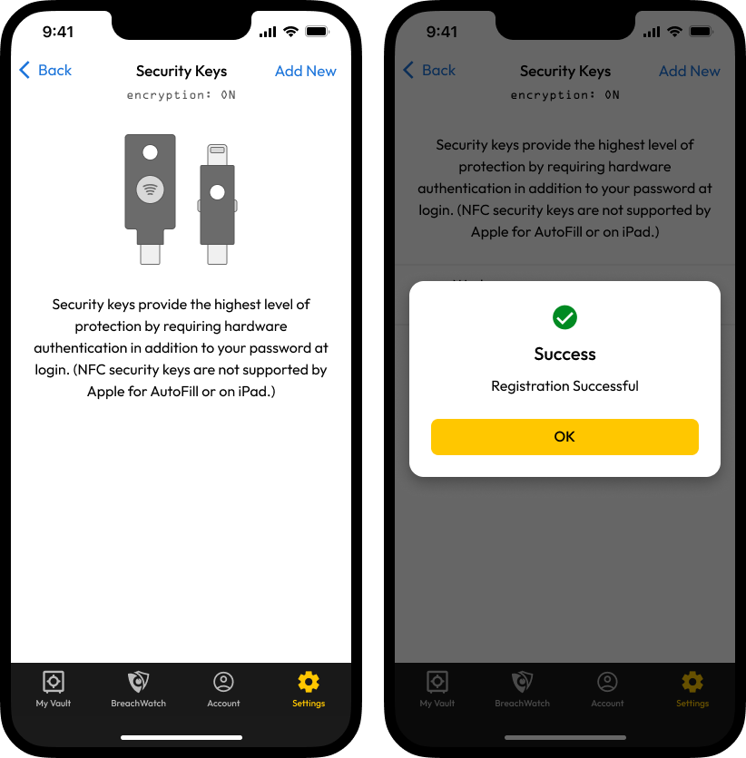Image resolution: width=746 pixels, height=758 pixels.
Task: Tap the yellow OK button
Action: pyautogui.click(x=564, y=436)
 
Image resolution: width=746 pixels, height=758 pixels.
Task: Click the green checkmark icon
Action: pyautogui.click(x=564, y=317)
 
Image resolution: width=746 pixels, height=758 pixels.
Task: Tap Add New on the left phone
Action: pyautogui.click(x=306, y=71)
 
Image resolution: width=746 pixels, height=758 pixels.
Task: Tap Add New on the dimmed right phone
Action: pyautogui.click(x=690, y=71)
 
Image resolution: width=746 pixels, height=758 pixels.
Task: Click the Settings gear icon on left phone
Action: pyautogui.click(x=309, y=682)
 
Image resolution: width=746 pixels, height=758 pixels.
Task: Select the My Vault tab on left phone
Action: pyautogui.click(x=54, y=689)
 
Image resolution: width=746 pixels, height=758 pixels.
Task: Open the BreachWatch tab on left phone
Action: pyautogui.click(x=138, y=689)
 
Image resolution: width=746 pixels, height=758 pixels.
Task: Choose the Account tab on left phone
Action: pyautogui.click(x=223, y=689)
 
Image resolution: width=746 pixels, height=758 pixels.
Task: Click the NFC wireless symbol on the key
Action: pyautogui.click(x=150, y=189)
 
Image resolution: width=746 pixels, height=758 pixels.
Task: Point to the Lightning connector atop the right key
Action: pyautogui.click(x=217, y=155)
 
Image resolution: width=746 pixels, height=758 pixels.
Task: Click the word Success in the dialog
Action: pyautogui.click(x=564, y=354)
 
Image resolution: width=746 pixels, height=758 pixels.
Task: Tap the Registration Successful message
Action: pyautogui.click(x=564, y=385)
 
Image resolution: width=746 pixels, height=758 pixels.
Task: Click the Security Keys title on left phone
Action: pyautogui.click(x=182, y=71)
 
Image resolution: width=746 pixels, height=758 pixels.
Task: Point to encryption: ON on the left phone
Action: pyautogui.click(x=182, y=94)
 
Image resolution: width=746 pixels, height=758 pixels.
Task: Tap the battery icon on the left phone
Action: pyautogui.click(x=318, y=32)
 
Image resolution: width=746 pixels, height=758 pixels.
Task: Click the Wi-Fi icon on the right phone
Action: pyautogui.click(x=674, y=32)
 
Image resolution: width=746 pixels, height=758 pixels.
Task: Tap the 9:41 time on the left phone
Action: pyautogui.click(x=58, y=32)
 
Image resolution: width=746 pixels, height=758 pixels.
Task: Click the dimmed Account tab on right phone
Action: pyautogui.click(x=607, y=689)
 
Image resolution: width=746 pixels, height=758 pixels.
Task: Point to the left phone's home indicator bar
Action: pyautogui.click(x=182, y=737)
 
